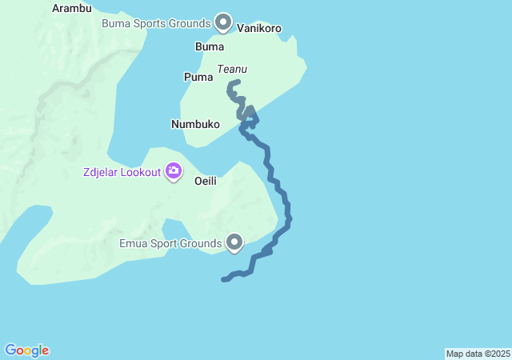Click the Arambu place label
point(71,8)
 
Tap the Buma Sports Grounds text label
point(155,23)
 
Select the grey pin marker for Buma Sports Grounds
point(223,22)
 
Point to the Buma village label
point(210,47)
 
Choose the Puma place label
point(198,78)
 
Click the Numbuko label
point(195,125)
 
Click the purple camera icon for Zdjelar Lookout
point(173,170)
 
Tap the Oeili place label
point(206,181)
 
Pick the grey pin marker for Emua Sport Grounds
point(234,241)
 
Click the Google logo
point(26,350)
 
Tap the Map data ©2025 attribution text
point(478,354)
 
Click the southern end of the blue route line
point(223,279)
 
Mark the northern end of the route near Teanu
point(238,82)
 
